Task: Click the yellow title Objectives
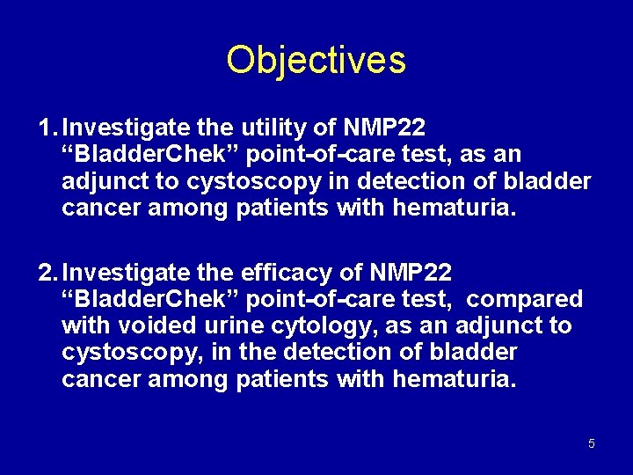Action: [x=316, y=60]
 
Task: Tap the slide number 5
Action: [x=591, y=443]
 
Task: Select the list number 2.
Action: [x=47, y=273]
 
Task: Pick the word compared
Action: [x=525, y=300]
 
